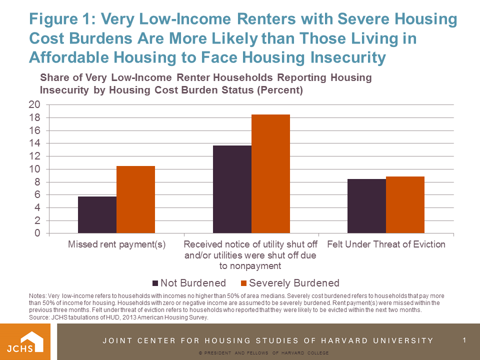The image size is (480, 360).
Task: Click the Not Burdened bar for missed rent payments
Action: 97,214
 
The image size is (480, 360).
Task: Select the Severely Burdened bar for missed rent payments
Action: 135,199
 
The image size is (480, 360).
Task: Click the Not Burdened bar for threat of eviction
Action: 366,206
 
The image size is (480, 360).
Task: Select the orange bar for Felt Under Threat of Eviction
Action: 405,204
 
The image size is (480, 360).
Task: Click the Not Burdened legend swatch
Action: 155,283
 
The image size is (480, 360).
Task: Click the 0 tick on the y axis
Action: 37,233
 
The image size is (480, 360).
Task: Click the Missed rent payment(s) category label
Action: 116,244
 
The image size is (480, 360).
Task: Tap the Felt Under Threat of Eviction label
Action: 386,244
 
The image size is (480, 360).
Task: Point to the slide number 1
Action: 464,340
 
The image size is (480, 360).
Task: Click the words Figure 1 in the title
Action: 62,19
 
